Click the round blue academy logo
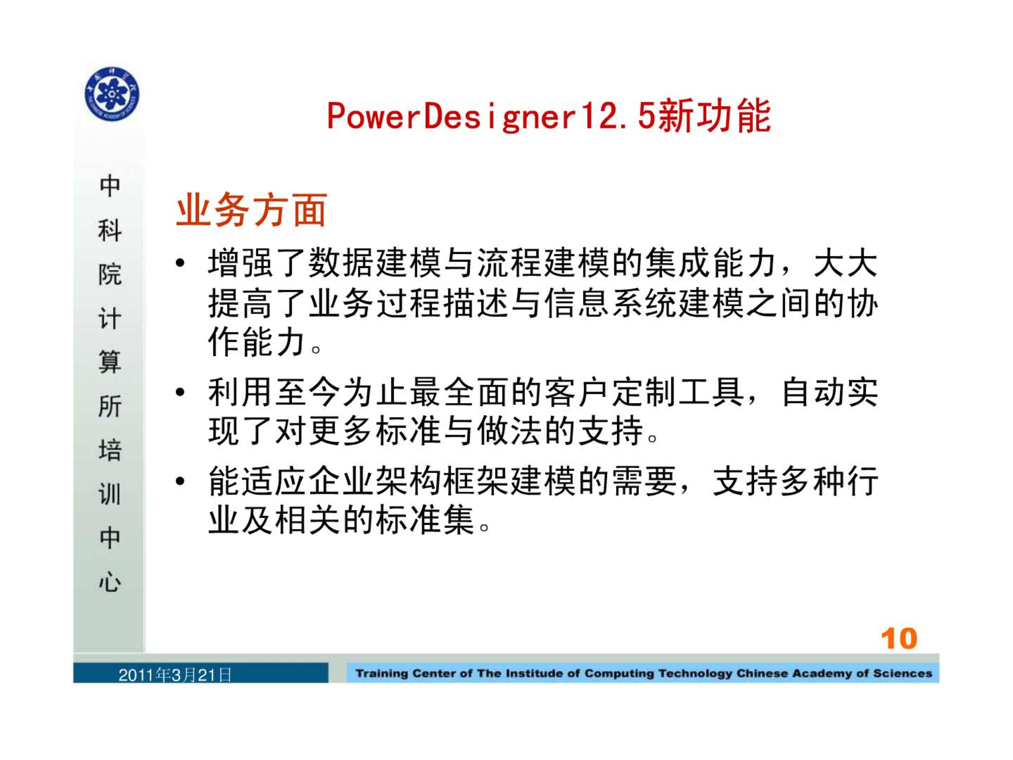pos(112,94)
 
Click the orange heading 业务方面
pos(251,210)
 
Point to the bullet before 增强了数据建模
pos(180,262)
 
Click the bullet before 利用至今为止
pos(180,392)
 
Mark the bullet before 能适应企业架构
pos(180,481)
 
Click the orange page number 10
pos(899,639)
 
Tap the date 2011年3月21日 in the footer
pos(175,675)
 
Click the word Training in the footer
pos(381,673)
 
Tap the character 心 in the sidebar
pos(110,582)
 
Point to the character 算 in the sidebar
pos(110,362)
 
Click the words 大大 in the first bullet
pos(846,263)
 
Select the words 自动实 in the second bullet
pos(829,392)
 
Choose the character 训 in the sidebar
pos(110,495)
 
